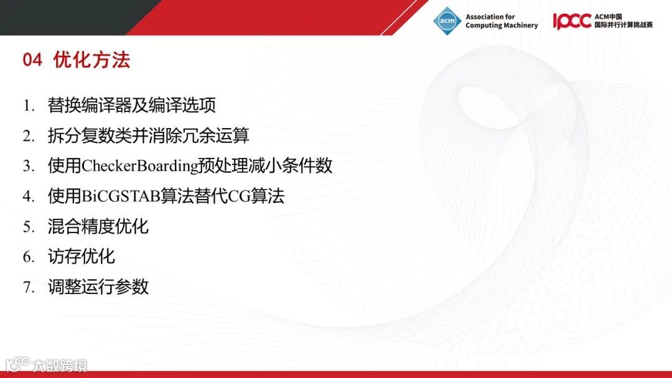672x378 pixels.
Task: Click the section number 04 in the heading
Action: (x=32, y=60)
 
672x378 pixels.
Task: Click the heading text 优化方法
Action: (x=91, y=60)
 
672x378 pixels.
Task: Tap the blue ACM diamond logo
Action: (x=447, y=21)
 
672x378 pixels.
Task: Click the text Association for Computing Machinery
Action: (x=502, y=21)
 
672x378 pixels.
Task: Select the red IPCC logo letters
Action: (x=572, y=21)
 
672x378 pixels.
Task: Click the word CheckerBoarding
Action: (x=140, y=166)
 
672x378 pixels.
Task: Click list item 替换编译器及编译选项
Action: (x=131, y=105)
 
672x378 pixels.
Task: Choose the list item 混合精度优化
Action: (x=98, y=226)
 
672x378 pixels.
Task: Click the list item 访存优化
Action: (x=81, y=257)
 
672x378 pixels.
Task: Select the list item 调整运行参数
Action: (x=98, y=287)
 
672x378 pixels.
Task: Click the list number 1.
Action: (x=28, y=106)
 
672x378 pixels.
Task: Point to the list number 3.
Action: (x=28, y=166)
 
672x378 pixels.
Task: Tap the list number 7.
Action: (x=28, y=287)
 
